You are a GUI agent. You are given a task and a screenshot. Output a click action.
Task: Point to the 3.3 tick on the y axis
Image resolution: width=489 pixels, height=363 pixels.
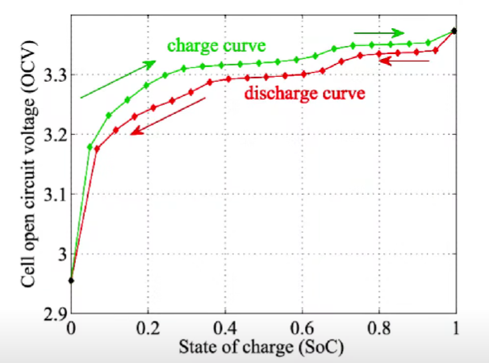(54, 75)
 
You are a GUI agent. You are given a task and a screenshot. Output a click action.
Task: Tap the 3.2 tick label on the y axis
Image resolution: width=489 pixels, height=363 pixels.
(54, 135)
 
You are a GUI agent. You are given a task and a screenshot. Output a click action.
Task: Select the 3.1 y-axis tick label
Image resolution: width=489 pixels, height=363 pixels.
(54, 194)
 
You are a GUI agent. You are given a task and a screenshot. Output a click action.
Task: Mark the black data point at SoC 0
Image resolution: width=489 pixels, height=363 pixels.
(72, 281)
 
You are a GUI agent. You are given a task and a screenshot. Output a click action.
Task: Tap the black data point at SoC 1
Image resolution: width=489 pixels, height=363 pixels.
(454, 31)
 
